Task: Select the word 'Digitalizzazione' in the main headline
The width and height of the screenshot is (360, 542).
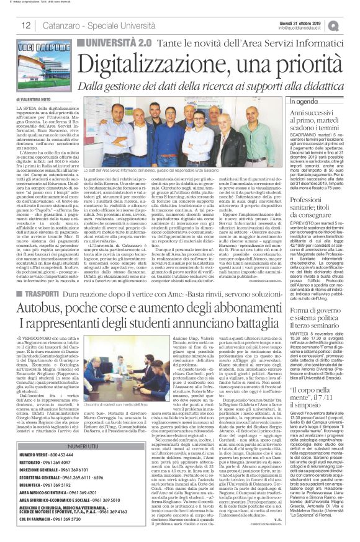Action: pos(156,63)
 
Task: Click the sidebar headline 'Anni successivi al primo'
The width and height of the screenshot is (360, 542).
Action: pos(304,121)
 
